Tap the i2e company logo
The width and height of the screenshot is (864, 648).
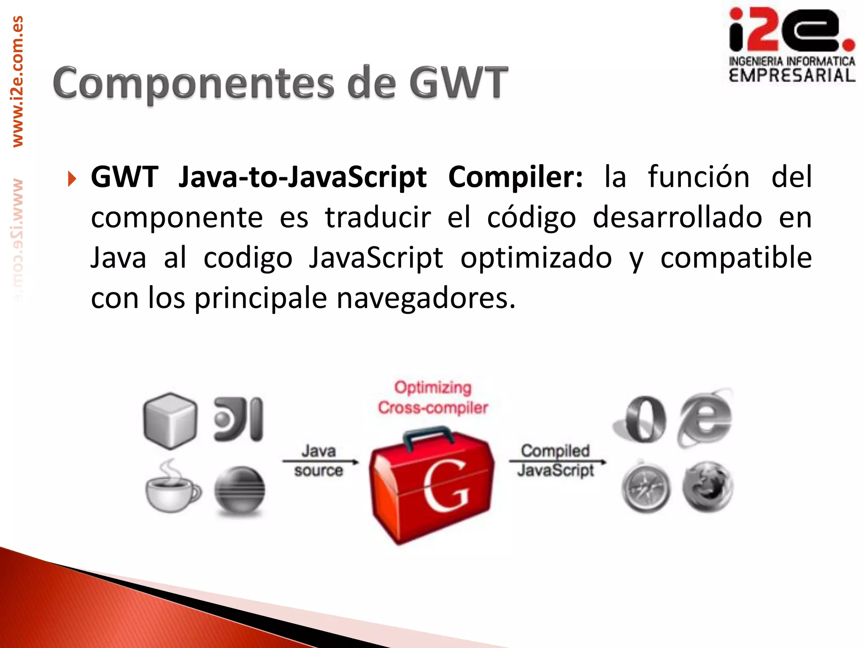[791, 46]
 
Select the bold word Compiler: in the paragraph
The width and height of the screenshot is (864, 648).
[515, 177]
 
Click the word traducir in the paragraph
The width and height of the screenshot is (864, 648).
[378, 217]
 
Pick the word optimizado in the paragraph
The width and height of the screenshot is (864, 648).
[536, 258]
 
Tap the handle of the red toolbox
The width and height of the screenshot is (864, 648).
[428, 437]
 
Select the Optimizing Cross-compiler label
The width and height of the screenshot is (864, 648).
[433, 397]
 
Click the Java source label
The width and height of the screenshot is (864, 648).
[319, 461]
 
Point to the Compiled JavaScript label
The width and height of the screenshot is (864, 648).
[556, 460]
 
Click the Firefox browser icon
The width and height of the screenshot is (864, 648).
[707, 487]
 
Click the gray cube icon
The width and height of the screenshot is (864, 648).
[170, 420]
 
